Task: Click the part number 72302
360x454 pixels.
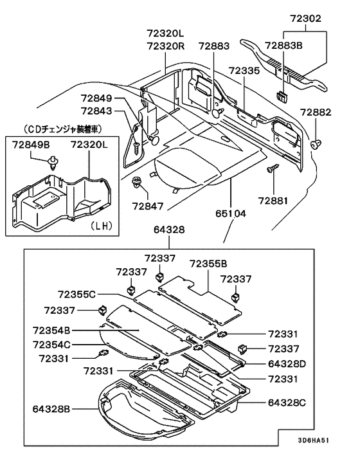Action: tap(305, 18)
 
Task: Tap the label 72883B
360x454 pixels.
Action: tap(283, 46)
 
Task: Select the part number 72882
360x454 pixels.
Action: tap(315, 112)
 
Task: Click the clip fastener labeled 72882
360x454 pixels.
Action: tap(316, 144)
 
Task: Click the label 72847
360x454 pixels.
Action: tap(148, 206)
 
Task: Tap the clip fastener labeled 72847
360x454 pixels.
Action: tap(136, 182)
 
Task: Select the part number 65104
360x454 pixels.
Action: tap(231, 213)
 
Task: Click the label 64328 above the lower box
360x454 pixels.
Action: tap(169, 230)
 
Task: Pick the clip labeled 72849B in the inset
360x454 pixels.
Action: tap(53, 163)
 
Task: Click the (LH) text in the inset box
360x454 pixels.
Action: tap(102, 226)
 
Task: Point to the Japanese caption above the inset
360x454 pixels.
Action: tap(62, 129)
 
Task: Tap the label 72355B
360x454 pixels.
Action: tap(208, 264)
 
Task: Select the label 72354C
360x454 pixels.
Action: tap(51, 345)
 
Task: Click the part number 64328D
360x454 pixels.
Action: tap(287, 364)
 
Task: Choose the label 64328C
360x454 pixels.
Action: tap(287, 403)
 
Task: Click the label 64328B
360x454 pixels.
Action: tap(51, 409)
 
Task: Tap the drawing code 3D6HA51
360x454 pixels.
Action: tap(314, 440)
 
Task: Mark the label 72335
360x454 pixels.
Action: tap(244, 71)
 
